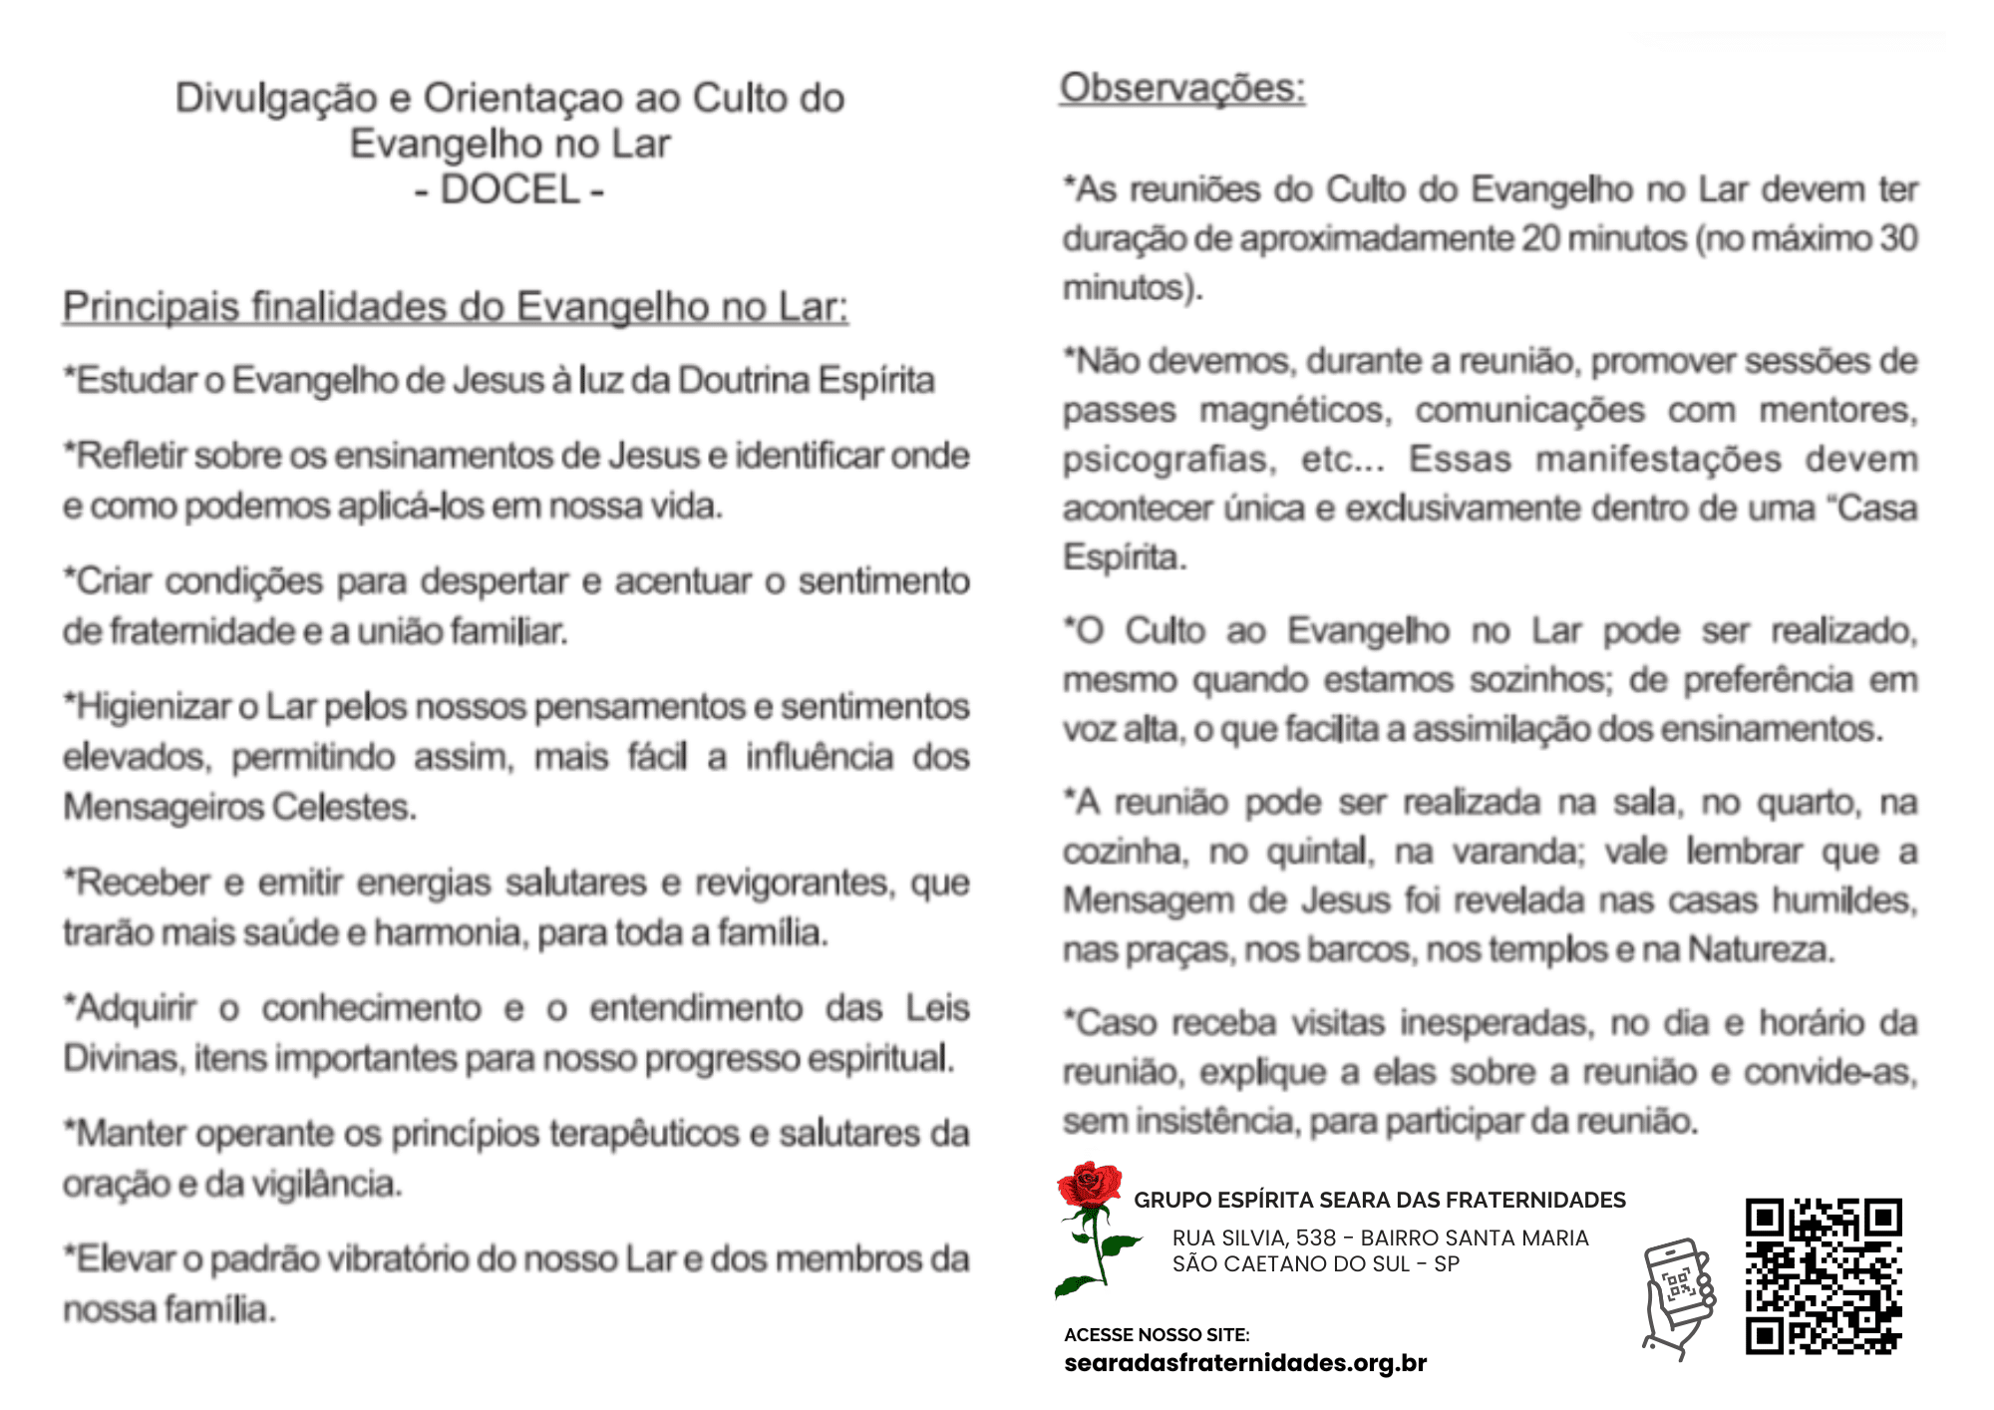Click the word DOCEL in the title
pos(509,189)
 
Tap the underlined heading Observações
pos(1182,88)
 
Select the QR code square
pos(1824,1276)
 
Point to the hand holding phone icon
pos(1679,1297)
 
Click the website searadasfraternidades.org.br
pos(1245,1362)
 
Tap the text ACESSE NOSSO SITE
pos(1157,1334)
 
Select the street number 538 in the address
pos(1315,1237)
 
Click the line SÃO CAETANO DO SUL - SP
pos(1316,1263)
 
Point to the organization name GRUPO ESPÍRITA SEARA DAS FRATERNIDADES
pos(1380,1200)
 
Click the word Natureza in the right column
pos(1761,949)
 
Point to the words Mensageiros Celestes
pos(239,807)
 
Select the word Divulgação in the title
pos(276,99)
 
